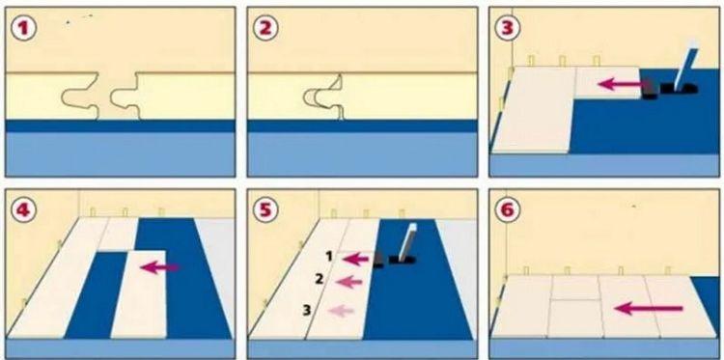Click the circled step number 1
click(x=22, y=29)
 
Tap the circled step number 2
click(x=265, y=29)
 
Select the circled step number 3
click(x=507, y=28)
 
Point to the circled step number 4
click(x=22, y=210)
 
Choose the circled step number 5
click(x=265, y=210)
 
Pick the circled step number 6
click(x=507, y=210)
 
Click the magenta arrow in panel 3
click(x=621, y=84)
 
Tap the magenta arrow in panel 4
click(x=159, y=267)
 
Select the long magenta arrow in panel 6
click(x=649, y=308)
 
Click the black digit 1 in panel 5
click(x=329, y=257)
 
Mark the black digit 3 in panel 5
click(x=307, y=311)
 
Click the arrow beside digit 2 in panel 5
click(x=349, y=281)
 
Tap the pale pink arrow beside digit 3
click(x=341, y=311)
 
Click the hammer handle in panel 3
click(x=684, y=66)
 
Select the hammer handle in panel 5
click(x=406, y=241)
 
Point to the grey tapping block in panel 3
click(x=650, y=89)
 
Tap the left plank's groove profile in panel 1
click(x=80, y=96)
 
